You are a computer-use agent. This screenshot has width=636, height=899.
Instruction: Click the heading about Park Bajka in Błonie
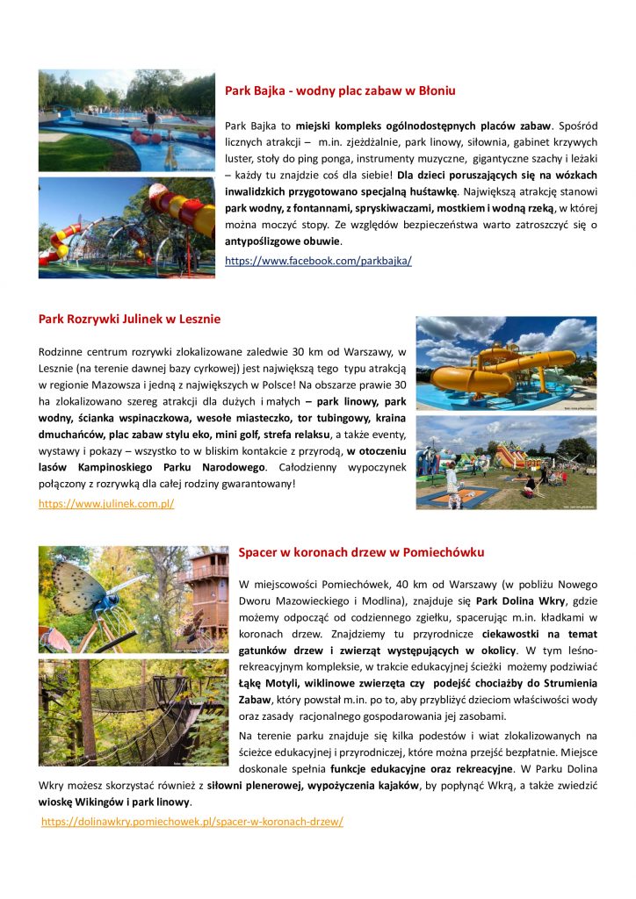pos(340,90)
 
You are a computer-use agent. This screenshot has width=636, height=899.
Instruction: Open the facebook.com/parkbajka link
pos(318,261)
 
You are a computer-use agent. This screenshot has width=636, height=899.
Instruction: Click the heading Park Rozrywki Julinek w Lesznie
pos(129,319)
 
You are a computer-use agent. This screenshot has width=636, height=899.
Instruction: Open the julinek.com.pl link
pos(106,504)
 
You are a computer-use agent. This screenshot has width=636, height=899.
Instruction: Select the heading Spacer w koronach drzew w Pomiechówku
pos(361,552)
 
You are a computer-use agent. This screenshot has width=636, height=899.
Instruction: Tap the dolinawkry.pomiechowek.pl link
pos(192,822)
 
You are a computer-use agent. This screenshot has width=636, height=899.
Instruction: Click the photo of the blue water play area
pos(126,120)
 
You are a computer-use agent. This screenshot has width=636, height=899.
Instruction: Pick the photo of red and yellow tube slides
pos(126,228)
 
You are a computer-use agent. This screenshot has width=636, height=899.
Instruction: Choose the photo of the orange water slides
pos(506,363)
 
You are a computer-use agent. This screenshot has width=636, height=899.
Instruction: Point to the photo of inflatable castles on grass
pos(506,464)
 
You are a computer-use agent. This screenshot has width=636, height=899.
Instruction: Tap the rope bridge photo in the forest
pos(133,713)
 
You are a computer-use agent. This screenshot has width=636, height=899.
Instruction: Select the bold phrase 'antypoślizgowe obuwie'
pos(283,241)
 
